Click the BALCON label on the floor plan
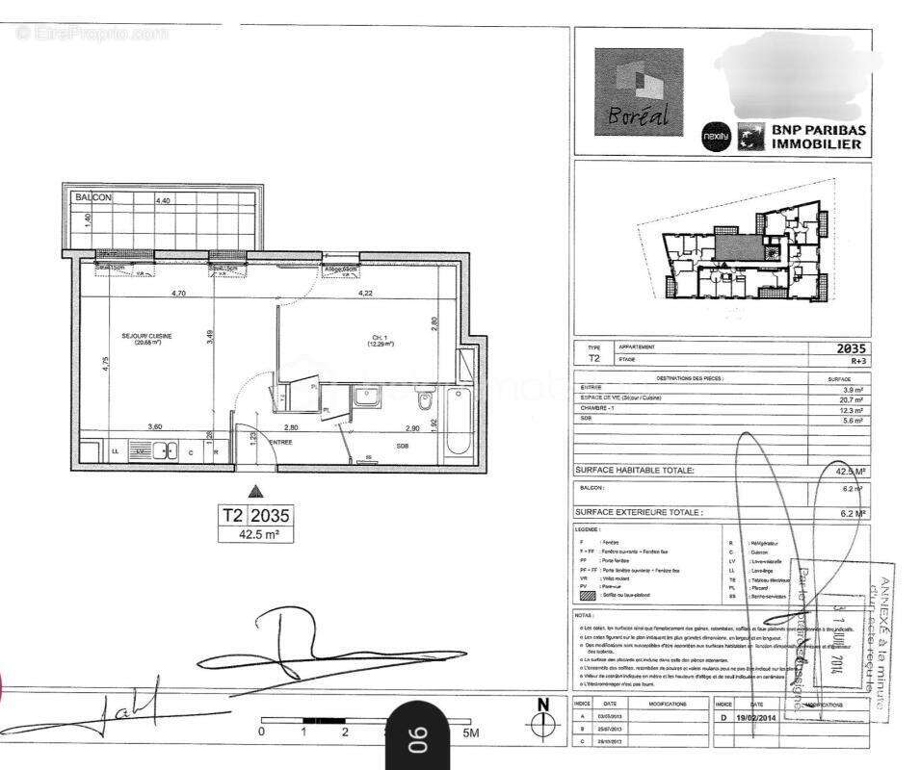coord(93,197)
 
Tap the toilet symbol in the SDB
coord(432,397)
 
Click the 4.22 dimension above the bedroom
coord(366,292)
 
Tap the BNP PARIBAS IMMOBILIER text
coord(816,137)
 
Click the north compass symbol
coord(542,716)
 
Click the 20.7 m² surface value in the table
coord(852,398)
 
